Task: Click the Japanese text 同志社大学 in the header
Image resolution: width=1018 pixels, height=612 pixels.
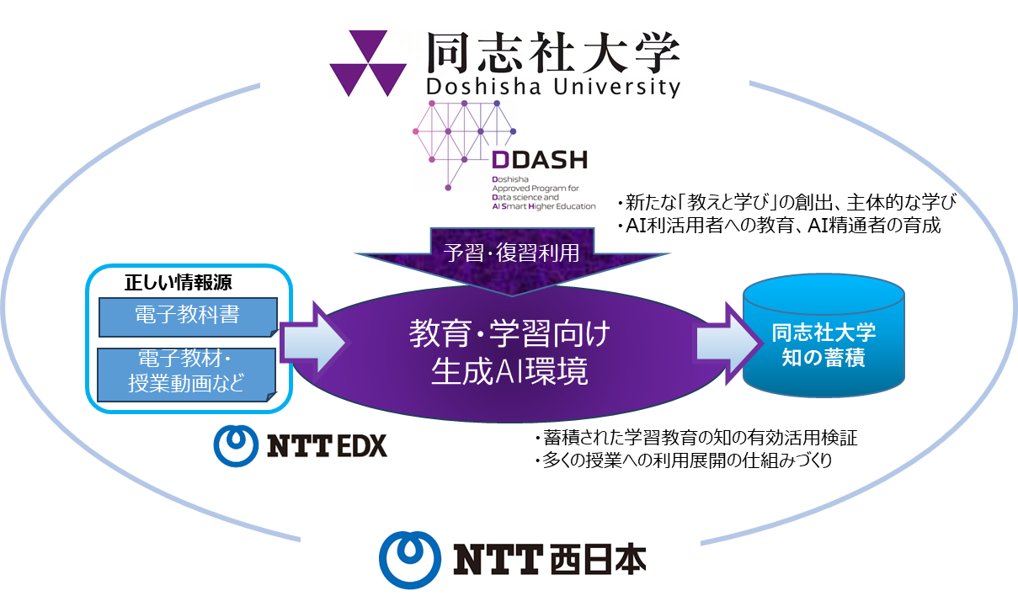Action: (x=552, y=51)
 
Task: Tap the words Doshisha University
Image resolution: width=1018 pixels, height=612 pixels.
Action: (x=552, y=87)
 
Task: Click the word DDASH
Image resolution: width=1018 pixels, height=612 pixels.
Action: (x=539, y=160)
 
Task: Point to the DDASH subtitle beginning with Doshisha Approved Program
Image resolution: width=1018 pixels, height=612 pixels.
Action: (x=543, y=193)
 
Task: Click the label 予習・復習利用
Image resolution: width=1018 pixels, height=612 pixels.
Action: (x=512, y=253)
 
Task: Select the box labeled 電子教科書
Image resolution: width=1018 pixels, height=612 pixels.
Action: (x=187, y=316)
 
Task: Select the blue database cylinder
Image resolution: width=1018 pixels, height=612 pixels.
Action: (x=823, y=341)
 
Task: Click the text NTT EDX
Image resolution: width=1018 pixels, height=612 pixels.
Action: (x=327, y=445)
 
